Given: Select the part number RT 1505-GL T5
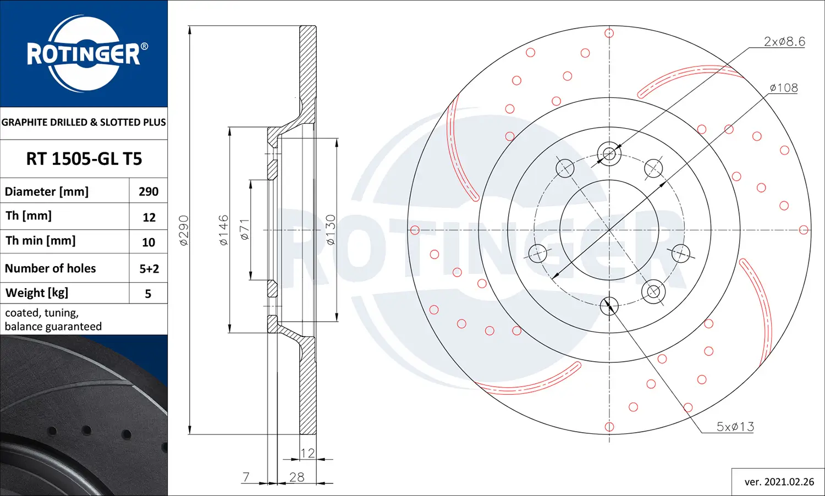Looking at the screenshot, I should click(x=84, y=159).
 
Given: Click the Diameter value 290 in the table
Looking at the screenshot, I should click(x=148, y=191).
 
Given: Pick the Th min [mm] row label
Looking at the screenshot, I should click(x=41, y=241).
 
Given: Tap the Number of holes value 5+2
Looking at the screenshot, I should click(x=149, y=268).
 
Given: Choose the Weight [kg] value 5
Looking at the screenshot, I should click(x=148, y=294).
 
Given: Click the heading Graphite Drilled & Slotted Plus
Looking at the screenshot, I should click(x=84, y=122).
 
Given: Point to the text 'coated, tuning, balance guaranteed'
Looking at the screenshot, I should click(x=53, y=319).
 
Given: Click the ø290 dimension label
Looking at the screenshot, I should click(x=184, y=230).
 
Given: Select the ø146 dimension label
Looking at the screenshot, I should click(x=223, y=230).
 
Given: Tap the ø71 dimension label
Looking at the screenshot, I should click(x=245, y=229).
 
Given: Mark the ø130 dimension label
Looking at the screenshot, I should click(x=330, y=230).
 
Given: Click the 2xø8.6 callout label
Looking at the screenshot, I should click(x=784, y=41).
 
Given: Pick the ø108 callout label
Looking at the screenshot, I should click(x=784, y=87).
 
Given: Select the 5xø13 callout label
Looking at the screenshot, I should click(x=735, y=426).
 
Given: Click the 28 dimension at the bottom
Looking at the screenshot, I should click(x=297, y=477).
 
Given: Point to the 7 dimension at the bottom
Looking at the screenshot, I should click(x=246, y=477).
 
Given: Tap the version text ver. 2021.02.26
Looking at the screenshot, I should click(x=779, y=482).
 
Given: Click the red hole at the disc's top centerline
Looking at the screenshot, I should click(x=609, y=33).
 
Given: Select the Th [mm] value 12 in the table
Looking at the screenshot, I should click(x=149, y=217).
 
